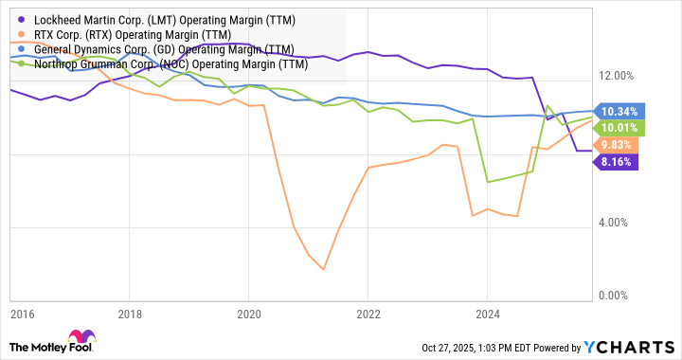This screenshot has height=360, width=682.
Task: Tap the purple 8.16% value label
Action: (617, 162)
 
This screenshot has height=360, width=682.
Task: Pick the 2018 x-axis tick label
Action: (131, 314)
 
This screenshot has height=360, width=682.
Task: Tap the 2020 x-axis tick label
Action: (248, 314)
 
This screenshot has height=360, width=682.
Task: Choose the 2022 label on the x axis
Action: (368, 314)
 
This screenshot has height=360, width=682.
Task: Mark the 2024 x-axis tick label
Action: (486, 314)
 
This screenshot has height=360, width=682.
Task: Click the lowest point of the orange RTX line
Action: (323, 270)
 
